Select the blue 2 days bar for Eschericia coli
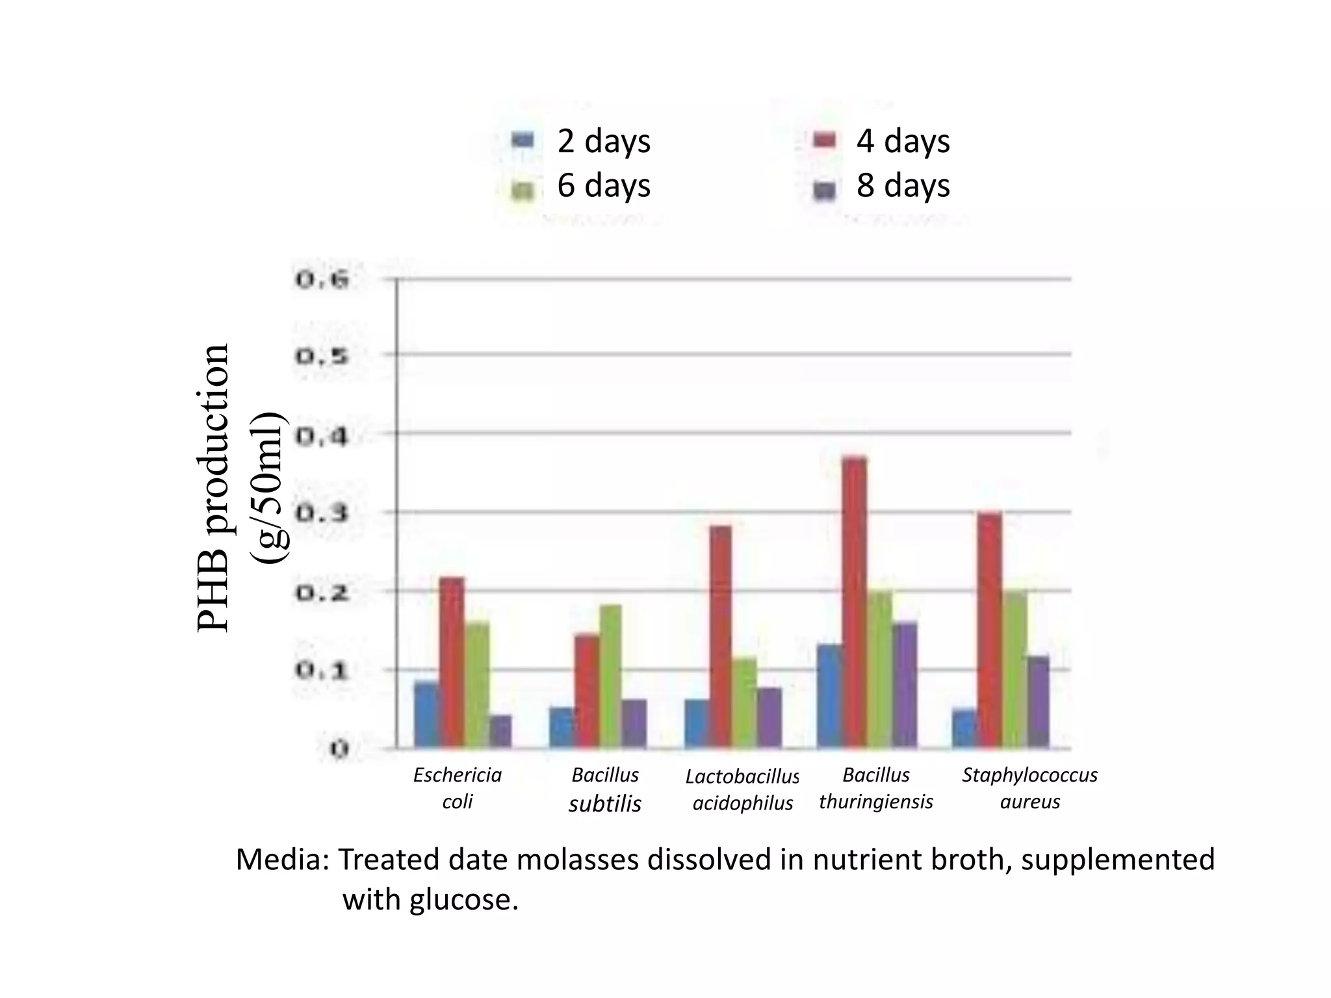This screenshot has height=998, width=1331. click(427, 715)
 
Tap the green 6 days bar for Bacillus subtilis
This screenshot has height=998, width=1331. click(610, 676)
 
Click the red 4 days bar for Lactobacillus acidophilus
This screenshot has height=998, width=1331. click(720, 637)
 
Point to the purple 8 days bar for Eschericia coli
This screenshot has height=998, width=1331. click(500, 732)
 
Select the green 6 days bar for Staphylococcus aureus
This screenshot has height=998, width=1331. click(1014, 669)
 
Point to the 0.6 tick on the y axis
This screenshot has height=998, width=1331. click(322, 280)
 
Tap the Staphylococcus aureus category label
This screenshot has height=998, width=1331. click(1029, 788)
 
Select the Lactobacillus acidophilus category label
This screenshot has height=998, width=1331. click(742, 789)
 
